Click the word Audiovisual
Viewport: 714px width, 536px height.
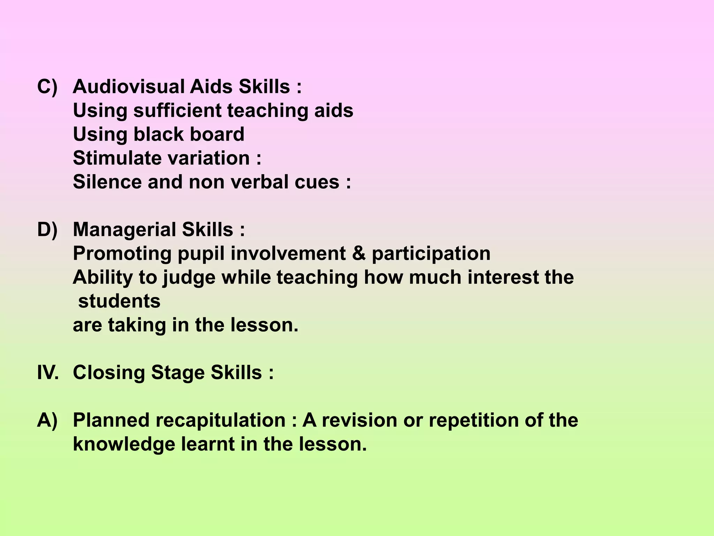(x=128, y=87)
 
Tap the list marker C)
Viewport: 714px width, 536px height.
(x=47, y=87)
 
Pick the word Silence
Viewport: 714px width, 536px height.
(x=107, y=182)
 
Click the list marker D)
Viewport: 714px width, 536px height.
(x=47, y=230)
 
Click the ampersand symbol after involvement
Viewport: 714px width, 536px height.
(x=359, y=253)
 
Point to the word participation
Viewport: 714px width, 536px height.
(x=431, y=254)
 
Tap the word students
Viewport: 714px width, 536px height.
(x=119, y=301)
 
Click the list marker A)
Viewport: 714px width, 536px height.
(x=47, y=420)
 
